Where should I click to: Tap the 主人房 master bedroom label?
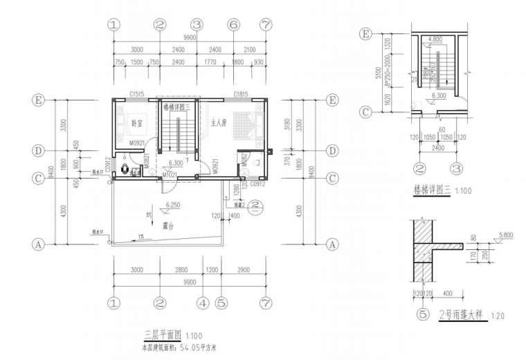219,124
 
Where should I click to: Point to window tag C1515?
136,95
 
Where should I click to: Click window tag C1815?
241,95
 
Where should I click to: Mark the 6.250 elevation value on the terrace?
173,205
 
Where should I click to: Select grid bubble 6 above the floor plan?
233,24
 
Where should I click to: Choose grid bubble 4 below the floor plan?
202,303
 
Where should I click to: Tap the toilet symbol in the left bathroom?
124,168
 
